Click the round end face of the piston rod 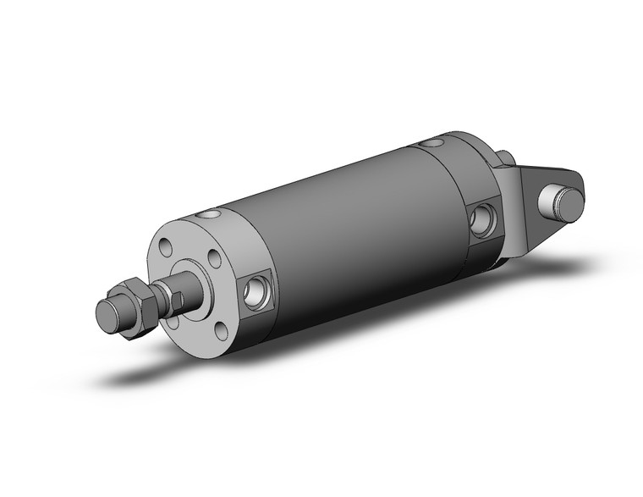pyautogui.click(x=107, y=314)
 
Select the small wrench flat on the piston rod pyautogui.click(x=175, y=297)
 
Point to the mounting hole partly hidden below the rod pyautogui.click(x=173, y=321)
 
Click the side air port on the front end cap pyautogui.click(x=254, y=291)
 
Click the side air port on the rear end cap pyautogui.click(x=485, y=219)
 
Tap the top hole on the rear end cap pyautogui.click(x=434, y=143)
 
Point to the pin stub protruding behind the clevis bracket pyautogui.click(x=506, y=157)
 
